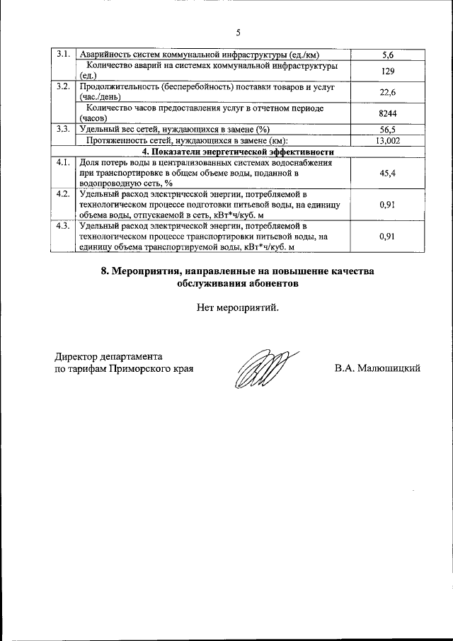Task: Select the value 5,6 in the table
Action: pos(387,55)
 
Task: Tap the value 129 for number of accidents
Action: pos(387,71)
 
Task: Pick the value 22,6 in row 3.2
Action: pos(387,92)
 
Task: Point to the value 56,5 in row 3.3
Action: pos(387,130)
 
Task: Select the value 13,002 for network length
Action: pos(387,140)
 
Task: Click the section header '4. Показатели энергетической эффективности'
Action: pos(238,152)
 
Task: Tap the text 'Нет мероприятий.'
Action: pos(238,307)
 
